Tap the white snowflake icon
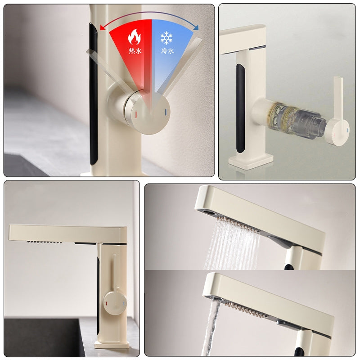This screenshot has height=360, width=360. point(167,36)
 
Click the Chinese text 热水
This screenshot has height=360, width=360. point(135,51)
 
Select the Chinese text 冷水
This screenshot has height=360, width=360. point(167,51)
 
